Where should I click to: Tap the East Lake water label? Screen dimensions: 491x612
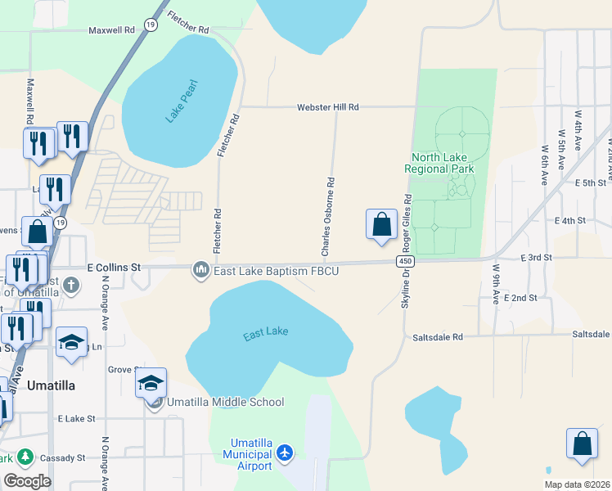pyautogui.click(x=266, y=333)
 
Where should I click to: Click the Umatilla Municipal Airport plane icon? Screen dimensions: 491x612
pyautogui.click(x=285, y=453)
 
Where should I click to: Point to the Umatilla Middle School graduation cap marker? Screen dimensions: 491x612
pyautogui.click(x=151, y=383)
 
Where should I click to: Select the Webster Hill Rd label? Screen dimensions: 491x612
pyautogui.click(x=328, y=107)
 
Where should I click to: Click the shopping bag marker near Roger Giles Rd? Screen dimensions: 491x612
pyautogui.click(x=381, y=224)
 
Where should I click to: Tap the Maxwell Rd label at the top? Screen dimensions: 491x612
pyautogui.click(x=112, y=30)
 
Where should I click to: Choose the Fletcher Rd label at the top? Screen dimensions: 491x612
pyautogui.click(x=187, y=23)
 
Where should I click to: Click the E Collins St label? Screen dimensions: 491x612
pyautogui.click(x=114, y=268)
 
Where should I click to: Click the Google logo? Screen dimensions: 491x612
pyautogui.click(x=27, y=481)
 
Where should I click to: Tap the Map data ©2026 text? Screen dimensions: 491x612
pyautogui.click(x=577, y=484)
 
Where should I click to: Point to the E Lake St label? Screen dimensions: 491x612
pyautogui.click(x=76, y=418)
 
